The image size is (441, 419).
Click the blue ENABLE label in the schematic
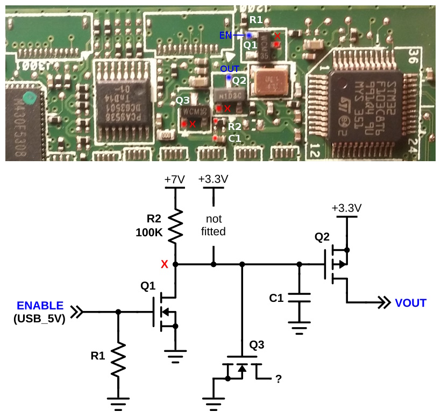pos(40,306)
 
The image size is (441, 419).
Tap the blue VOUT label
pos(410,303)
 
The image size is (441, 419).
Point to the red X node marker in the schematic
pos(164,264)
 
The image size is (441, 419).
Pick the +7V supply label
pos(175,179)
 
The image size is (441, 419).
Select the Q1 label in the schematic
pos(148,287)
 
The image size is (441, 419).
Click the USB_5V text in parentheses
pos(40,318)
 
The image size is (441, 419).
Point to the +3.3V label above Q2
pos(346,208)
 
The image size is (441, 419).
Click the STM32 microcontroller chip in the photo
pos(366,102)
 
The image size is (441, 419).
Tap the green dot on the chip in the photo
pos(31,98)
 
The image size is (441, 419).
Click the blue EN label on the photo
pos(226,35)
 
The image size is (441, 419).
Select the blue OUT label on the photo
pos(230,69)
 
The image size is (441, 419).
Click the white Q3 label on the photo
pos(183,100)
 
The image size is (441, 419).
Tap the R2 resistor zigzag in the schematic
pos(175,226)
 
